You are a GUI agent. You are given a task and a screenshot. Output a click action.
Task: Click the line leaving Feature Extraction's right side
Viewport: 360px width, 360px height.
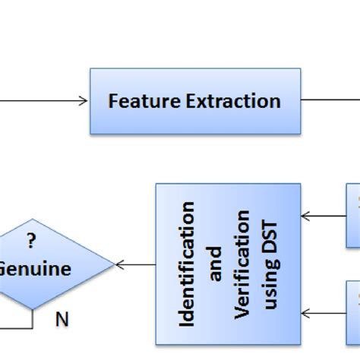(330, 99)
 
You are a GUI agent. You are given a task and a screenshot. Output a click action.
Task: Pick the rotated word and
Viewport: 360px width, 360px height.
(216, 264)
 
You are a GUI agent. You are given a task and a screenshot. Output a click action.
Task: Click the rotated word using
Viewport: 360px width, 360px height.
(272, 289)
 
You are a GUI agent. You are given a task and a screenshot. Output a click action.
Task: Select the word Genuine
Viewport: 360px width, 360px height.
(36, 269)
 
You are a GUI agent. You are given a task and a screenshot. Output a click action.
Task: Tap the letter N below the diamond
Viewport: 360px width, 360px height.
(62, 320)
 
